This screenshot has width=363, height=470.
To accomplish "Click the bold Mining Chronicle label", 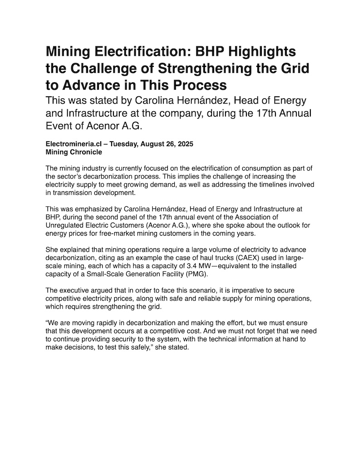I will (74, 152).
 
